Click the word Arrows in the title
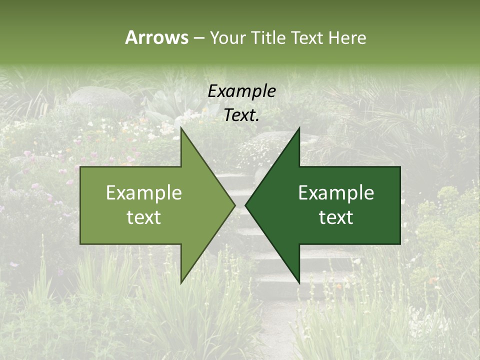pyautogui.click(x=156, y=37)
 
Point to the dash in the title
pyautogui.click(x=198, y=38)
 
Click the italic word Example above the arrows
pyautogui.click(x=241, y=91)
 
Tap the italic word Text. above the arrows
pyautogui.click(x=241, y=115)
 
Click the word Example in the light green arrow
pyautogui.click(x=144, y=193)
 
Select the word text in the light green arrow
pyautogui.click(x=144, y=217)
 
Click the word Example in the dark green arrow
pyautogui.click(x=336, y=193)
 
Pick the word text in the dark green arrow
pyautogui.click(x=336, y=217)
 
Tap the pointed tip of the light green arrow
pyautogui.click(x=234, y=205)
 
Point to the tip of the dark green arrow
pyautogui.click(x=245, y=205)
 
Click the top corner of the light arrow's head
pyautogui.click(x=181, y=128)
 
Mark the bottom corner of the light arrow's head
pyautogui.click(x=181, y=283)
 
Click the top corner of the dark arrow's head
pyautogui.click(x=299, y=128)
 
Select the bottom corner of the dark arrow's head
pyautogui.click(x=299, y=283)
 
